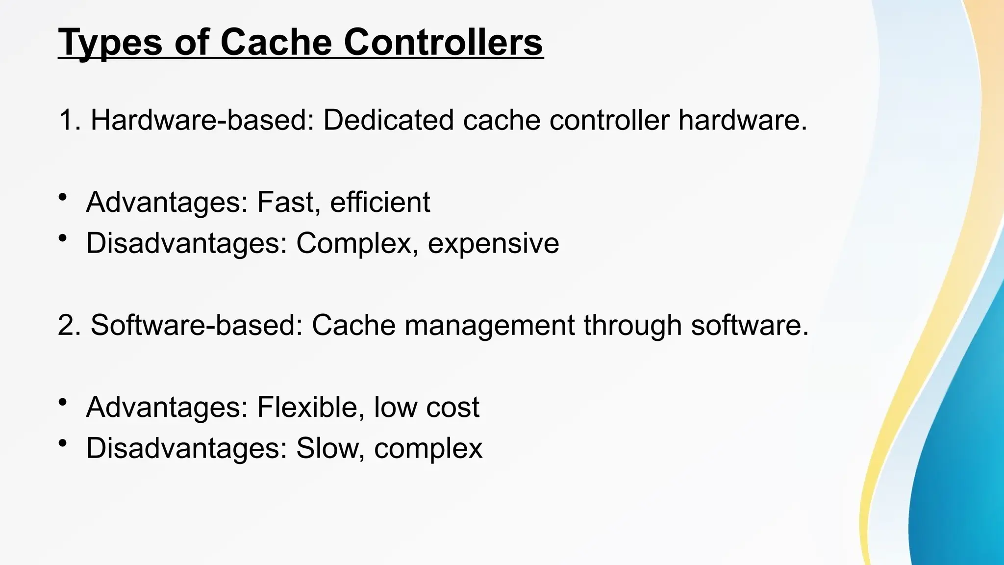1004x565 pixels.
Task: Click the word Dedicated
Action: (x=388, y=120)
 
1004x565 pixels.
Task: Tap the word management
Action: (x=489, y=326)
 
